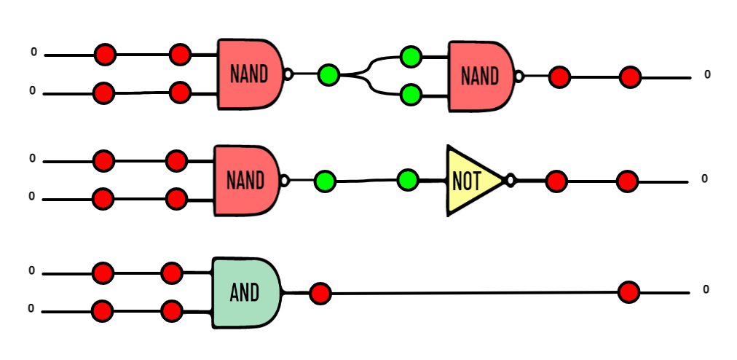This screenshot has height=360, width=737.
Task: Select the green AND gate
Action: pyautogui.click(x=246, y=293)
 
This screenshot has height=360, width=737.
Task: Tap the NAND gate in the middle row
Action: pyautogui.click(x=247, y=181)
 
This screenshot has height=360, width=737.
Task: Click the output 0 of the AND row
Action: pyautogui.click(x=706, y=289)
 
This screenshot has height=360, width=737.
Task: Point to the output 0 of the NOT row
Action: pyautogui.click(x=704, y=179)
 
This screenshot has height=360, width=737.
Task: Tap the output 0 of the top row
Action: pyautogui.click(x=707, y=74)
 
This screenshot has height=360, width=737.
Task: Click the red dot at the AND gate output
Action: pyautogui.click(x=320, y=294)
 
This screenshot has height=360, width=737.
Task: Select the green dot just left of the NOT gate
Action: pyautogui.click(x=408, y=180)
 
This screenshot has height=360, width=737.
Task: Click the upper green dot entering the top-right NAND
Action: pyautogui.click(x=411, y=57)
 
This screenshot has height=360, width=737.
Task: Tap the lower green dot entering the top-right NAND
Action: pyautogui.click(x=411, y=95)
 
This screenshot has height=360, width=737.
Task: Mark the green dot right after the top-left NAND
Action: pyautogui.click(x=328, y=75)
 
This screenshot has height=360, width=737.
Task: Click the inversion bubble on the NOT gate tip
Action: pyautogui.click(x=511, y=180)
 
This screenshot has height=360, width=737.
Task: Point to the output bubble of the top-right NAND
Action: pyautogui.click(x=519, y=77)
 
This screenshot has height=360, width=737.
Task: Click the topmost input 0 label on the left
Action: pyautogui.click(x=33, y=52)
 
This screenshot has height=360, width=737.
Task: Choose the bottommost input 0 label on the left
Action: pyautogui.click(x=31, y=308)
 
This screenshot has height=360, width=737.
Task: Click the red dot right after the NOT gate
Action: pyautogui.click(x=556, y=181)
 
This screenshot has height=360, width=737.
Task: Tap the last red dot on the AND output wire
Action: pyautogui.click(x=629, y=292)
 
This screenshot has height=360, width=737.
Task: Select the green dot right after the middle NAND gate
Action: pyautogui.click(x=325, y=181)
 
